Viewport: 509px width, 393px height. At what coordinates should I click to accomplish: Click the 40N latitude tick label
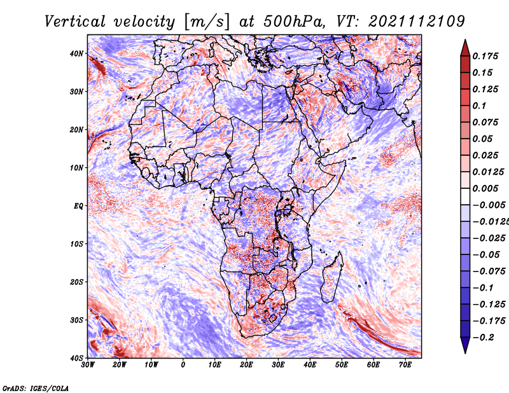click(x=76, y=53)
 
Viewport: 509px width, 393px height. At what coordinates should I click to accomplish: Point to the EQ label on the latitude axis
click(x=78, y=206)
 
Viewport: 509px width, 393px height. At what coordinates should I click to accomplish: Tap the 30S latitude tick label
click(x=76, y=320)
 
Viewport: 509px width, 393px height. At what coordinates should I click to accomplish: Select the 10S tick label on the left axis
click(x=76, y=244)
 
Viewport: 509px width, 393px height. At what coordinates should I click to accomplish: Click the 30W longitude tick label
click(x=88, y=364)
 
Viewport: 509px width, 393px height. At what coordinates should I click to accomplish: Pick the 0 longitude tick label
click(x=183, y=364)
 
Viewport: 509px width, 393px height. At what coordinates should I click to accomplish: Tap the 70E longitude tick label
click(x=405, y=364)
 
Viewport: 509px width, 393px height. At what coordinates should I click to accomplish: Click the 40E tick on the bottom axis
click(x=310, y=364)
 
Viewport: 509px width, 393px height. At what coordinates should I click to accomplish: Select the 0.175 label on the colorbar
click(x=485, y=56)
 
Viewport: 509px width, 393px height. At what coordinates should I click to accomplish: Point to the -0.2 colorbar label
click(x=484, y=337)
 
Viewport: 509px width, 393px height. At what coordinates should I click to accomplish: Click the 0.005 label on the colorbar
click(x=485, y=188)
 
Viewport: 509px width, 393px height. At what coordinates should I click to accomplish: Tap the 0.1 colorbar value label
click(x=480, y=106)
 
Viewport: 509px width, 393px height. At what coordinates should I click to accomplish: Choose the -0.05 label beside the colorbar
click(x=486, y=254)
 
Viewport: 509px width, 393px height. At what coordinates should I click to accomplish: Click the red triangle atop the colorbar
click(x=465, y=49)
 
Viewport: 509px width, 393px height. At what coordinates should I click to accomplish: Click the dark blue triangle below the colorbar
click(x=465, y=345)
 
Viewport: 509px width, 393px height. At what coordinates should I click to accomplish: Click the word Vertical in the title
click(x=75, y=22)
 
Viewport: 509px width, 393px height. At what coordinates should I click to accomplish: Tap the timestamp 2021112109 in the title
click(x=417, y=22)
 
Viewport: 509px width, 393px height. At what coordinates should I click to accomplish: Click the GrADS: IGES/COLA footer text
click(x=36, y=388)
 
